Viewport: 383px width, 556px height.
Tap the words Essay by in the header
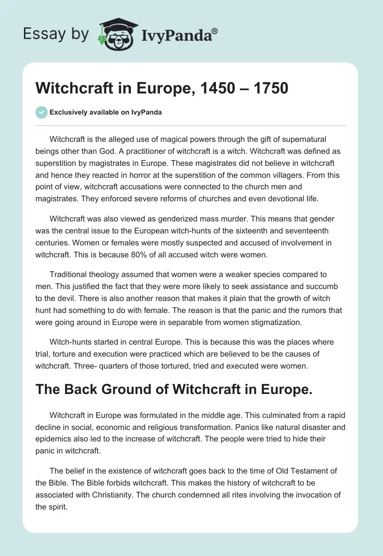click(x=56, y=34)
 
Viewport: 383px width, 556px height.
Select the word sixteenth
click(x=261, y=230)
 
